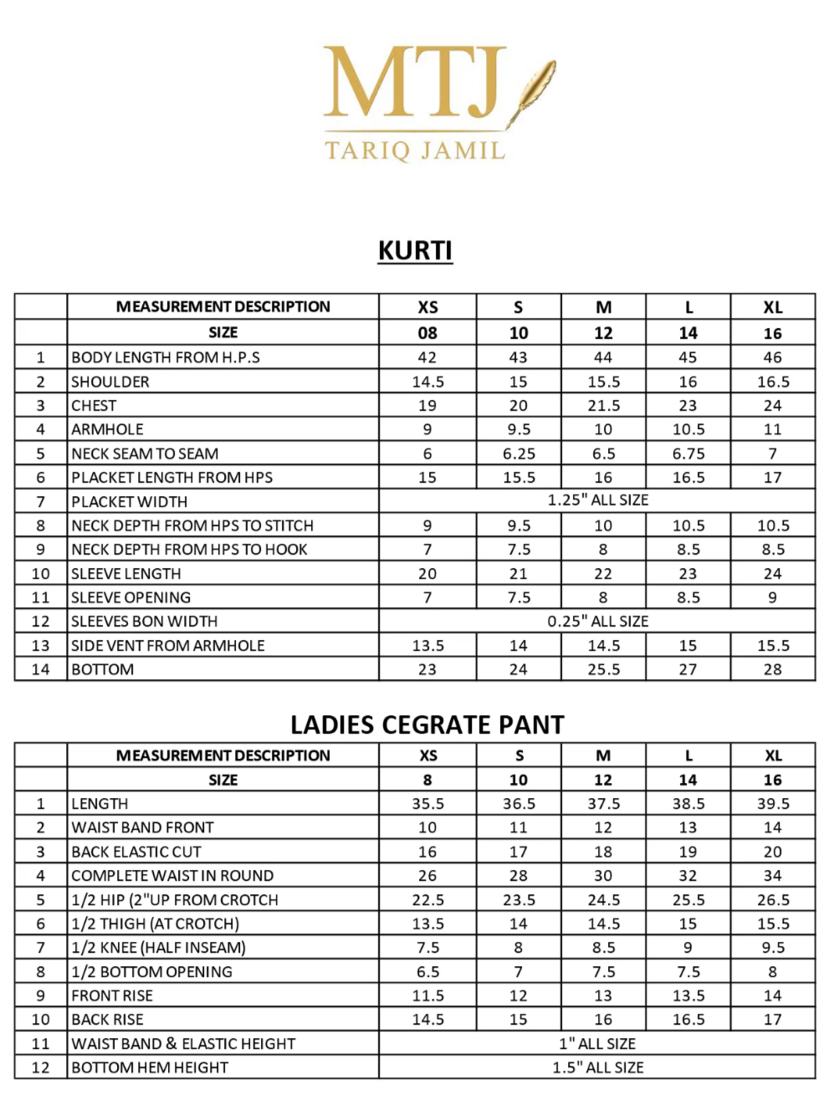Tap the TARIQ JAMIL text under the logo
point(415,151)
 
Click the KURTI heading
point(415,250)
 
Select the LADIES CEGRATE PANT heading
point(427,724)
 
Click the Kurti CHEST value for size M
point(603,406)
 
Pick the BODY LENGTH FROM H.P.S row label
point(166,357)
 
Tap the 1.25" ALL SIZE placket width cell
point(597,500)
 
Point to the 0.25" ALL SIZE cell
point(597,622)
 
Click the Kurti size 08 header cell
point(427,333)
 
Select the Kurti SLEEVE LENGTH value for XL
point(772,574)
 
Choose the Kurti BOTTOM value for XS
point(427,669)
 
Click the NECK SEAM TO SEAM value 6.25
point(519,453)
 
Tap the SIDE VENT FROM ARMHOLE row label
point(168,646)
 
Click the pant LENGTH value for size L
point(688,804)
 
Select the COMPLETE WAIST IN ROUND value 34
point(772,876)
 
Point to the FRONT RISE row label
point(112,995)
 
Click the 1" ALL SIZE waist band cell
point(597,1044)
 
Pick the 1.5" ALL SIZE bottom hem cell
point(597,1068)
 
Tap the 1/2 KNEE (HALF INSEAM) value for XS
point(427,948)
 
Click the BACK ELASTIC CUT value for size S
point(519,852)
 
